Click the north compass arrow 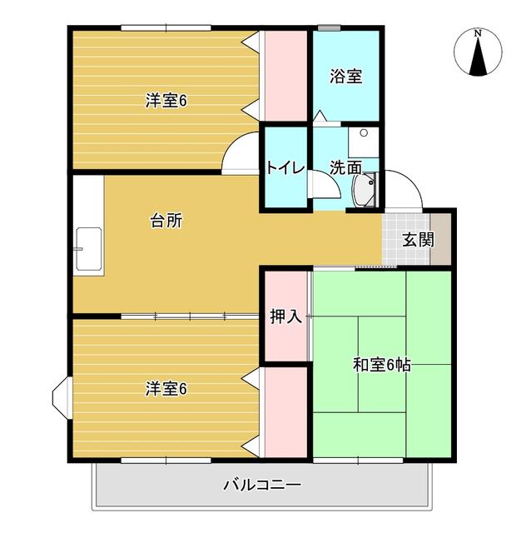click(x=478, y=53)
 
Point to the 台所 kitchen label click(x=166, y=221)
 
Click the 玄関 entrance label click(x=418, y=240)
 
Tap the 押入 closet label click(x=286, y=316)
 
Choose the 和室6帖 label click(x=382, y=364)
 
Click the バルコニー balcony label click(x=262, y=484)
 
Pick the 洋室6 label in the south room click(x=166, y=388)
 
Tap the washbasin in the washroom click(x=365, y=189)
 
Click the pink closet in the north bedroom click(x=286, y=77)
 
